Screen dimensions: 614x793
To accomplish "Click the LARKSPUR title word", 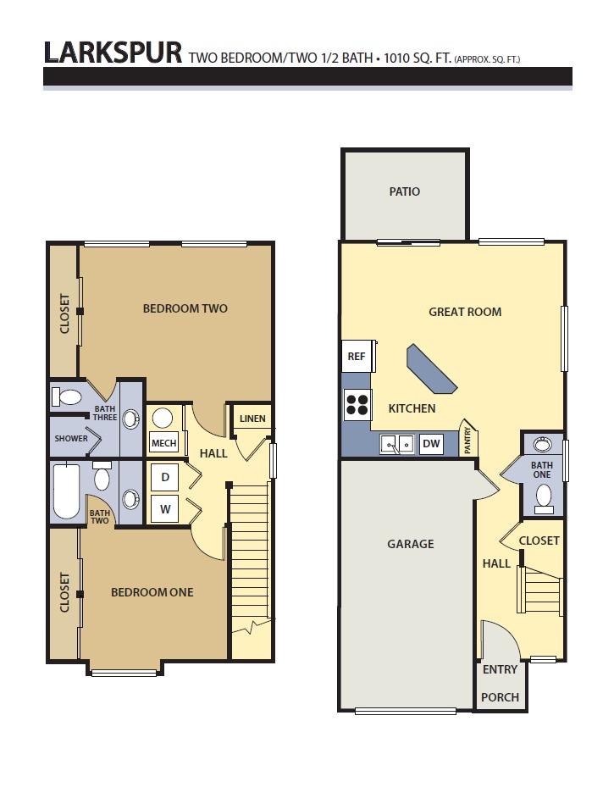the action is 113,53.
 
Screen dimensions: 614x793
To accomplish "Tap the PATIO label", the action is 404,191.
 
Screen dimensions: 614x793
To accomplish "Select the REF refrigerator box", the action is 357,356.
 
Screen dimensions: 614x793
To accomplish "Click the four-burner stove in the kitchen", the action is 357,405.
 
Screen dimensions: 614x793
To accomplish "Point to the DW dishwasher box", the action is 431,444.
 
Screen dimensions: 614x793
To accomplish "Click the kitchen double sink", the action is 397,444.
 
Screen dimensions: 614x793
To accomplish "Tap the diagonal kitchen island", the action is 432,369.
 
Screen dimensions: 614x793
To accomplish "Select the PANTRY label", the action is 467,440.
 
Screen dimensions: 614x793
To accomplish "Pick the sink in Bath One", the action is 543,444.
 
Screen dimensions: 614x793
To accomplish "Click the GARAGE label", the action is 411,544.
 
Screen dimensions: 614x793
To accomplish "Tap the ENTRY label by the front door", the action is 500,669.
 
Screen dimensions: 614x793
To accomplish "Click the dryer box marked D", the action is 165,477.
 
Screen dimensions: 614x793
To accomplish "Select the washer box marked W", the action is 165,509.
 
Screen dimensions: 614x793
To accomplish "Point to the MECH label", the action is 164,443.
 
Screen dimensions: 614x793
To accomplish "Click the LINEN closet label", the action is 252,419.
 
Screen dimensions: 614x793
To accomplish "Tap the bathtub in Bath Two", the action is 66,491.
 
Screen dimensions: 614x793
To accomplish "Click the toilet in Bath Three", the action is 66,396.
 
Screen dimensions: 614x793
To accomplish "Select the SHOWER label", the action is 71,439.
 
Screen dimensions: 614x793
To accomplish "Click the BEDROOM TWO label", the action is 185,308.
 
